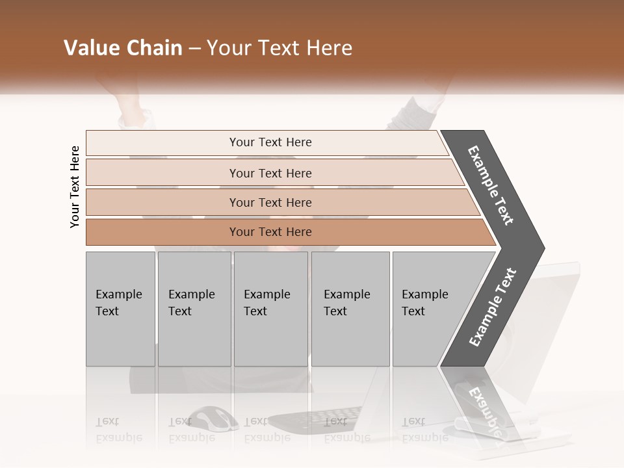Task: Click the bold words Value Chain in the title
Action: (123, 48)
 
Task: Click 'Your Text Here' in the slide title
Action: (279, 48)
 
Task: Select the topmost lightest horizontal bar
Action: (270, 142)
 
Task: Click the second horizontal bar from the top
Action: (270, 173)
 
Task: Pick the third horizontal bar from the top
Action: (270, 202)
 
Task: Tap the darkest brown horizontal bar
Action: (270, 232)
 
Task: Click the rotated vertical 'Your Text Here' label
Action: (75, 187)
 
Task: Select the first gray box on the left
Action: (120, 309)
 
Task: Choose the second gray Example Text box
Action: (194, 309)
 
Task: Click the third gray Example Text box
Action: (270, 309)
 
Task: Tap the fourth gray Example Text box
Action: (350, 309)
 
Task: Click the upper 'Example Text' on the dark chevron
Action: (491, 185)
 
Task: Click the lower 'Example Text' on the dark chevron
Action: (493, 307)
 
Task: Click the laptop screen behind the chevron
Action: (559, 312)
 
